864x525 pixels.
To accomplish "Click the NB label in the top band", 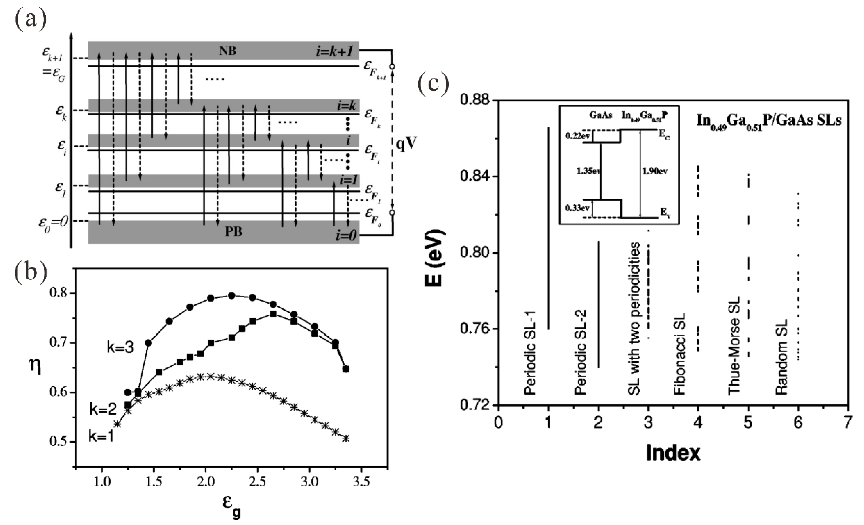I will coord(228,51).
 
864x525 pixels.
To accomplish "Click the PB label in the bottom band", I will coord(233,232).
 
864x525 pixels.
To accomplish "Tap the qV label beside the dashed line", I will coord(406,144).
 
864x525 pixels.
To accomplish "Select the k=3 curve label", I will coord(120,348).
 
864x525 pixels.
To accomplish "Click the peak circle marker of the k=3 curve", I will coord(231,296).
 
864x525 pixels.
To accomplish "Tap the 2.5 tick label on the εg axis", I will coord(258,482).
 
